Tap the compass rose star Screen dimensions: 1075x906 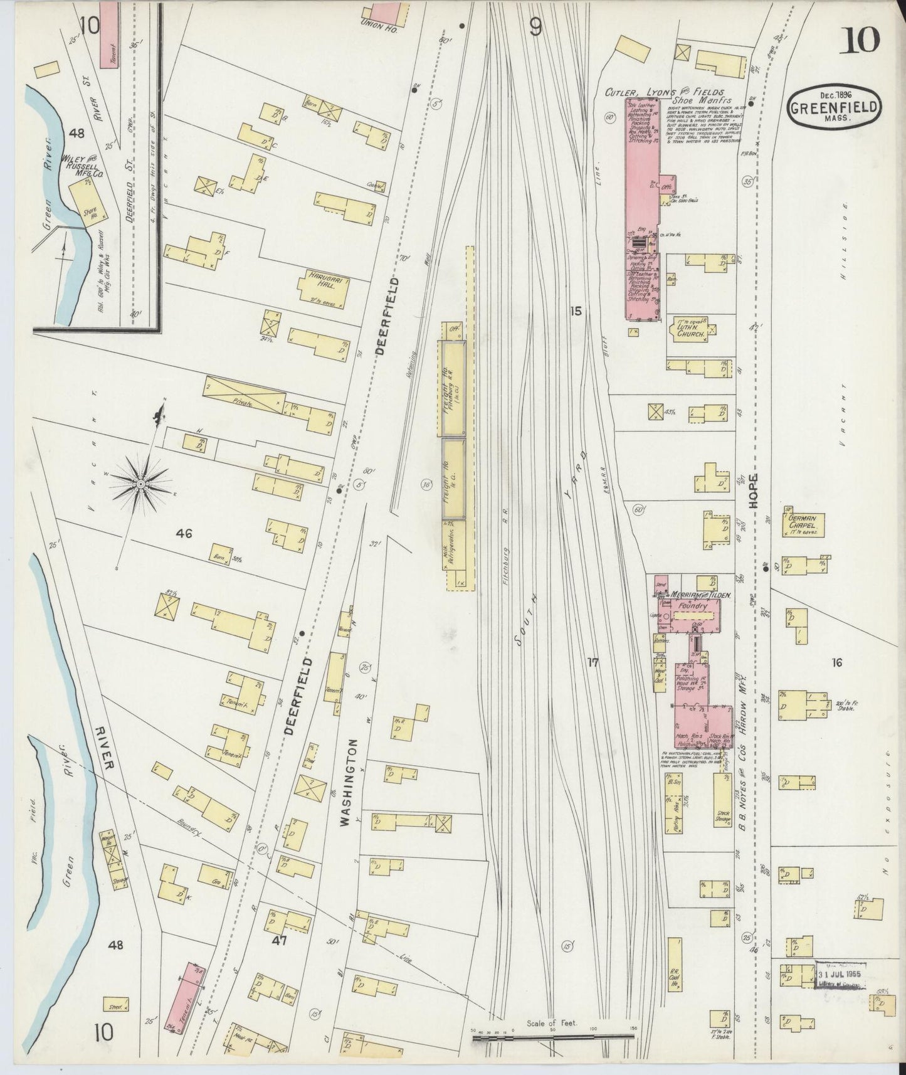point(141,484)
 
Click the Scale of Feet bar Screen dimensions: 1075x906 point(554,1038)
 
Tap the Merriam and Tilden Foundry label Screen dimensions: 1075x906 point(690,601)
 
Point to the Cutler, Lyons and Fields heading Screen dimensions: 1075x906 point(665,92)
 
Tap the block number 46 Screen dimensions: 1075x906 point(184,534)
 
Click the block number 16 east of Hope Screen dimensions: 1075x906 point(836,662)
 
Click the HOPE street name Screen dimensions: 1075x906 point(755,492)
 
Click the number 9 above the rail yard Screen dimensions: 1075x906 point(535,27)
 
